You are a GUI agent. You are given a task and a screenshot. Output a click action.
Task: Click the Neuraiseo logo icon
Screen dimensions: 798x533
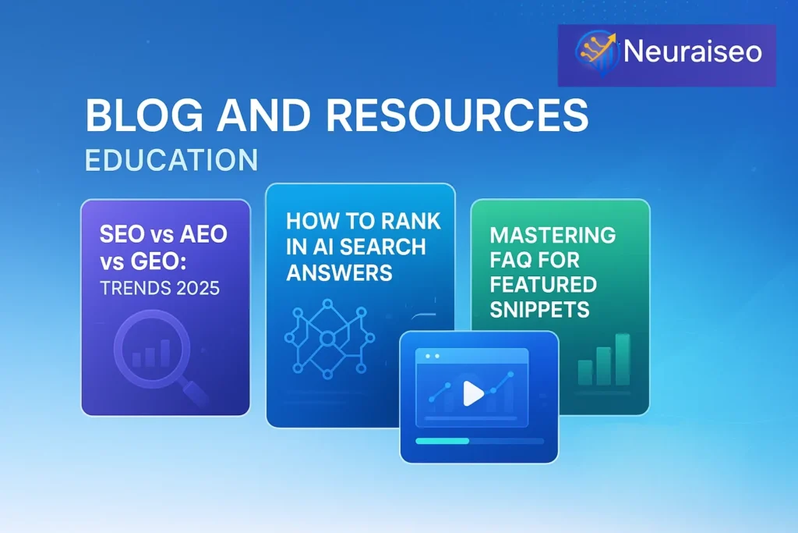(x=596, y=53)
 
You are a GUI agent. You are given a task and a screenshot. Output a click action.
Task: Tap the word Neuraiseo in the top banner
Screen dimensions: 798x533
(x=693, y=52)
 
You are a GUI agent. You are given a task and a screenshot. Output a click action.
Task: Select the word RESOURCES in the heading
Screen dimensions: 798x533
(x=457, y=115)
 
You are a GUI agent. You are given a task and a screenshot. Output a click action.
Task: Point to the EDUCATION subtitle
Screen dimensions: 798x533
(x=171, y=160)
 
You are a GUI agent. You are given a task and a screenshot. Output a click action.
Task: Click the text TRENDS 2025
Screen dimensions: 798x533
(x=160, y=289)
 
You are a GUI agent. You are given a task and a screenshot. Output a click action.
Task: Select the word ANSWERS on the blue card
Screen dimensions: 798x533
(x=339, y=272)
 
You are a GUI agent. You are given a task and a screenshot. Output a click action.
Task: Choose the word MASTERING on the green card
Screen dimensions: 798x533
(x=553, y=236)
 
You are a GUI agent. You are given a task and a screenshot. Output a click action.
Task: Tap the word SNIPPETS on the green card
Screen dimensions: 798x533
(x=539, y=309)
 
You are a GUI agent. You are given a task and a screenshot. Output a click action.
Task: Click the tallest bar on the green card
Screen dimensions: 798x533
(x=623, y=359)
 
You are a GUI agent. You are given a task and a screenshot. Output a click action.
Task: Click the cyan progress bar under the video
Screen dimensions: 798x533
(x=443, y=441)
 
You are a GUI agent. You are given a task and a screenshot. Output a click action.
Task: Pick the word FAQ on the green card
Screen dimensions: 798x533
(x=510, y=261)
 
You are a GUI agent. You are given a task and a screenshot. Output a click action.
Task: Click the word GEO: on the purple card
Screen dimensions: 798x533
(x=159, y=262)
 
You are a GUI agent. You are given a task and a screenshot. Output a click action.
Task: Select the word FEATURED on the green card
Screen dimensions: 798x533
(x=543, y=285)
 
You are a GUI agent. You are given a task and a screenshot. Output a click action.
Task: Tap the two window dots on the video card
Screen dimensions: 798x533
(x=432, y=356)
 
